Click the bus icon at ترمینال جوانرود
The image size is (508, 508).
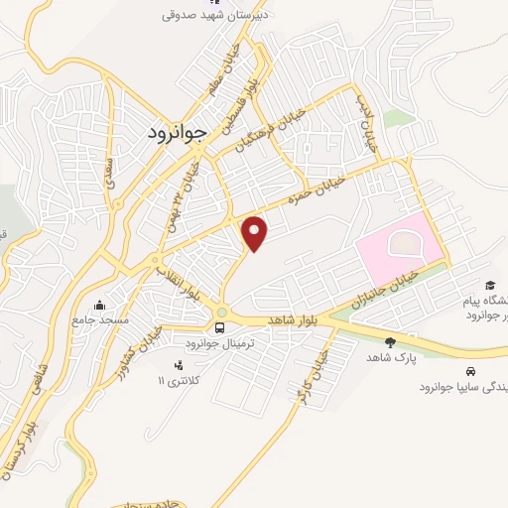(x=219, y=326)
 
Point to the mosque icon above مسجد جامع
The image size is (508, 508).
(x=97, y=306)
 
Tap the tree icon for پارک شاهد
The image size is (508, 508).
(x=389, y=342)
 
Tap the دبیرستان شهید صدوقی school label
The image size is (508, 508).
(x=217, y=15)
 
